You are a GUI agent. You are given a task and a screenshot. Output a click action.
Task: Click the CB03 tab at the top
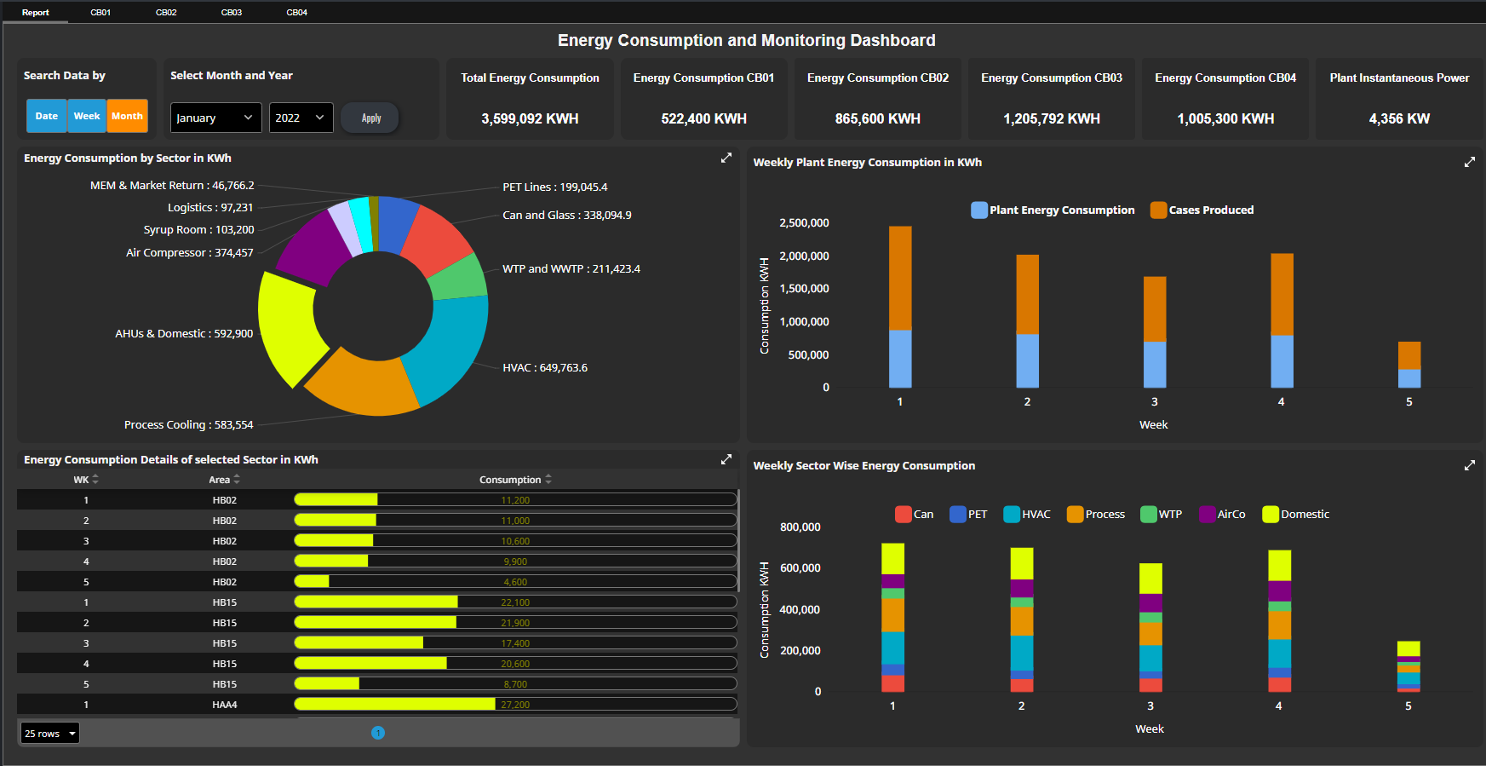point(231,12)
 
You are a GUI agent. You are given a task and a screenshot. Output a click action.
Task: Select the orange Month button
point(127,116)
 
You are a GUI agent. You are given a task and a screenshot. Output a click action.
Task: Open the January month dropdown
point(215,118)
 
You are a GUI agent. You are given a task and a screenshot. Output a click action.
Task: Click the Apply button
point(370,118)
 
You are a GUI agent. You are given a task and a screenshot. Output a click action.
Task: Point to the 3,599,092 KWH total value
point(529,118)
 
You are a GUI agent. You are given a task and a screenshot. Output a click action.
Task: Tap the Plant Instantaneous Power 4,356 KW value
point(1398,118)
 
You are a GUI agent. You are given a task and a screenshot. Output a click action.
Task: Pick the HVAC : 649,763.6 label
point(544,367)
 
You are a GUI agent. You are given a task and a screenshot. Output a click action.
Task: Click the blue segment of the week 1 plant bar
point(899,359)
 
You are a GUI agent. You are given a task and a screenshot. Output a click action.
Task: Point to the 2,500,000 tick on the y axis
point(803,222)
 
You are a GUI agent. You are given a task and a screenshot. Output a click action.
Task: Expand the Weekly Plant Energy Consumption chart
point(1469,162)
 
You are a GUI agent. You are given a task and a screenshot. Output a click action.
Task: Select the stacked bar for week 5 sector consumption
point(1408,665)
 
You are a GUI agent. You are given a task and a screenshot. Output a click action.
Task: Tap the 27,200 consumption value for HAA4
point(514,705)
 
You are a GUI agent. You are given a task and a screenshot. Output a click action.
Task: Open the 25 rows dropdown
point(50,733)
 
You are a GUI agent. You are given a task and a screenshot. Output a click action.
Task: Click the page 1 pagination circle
point(378,733)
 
